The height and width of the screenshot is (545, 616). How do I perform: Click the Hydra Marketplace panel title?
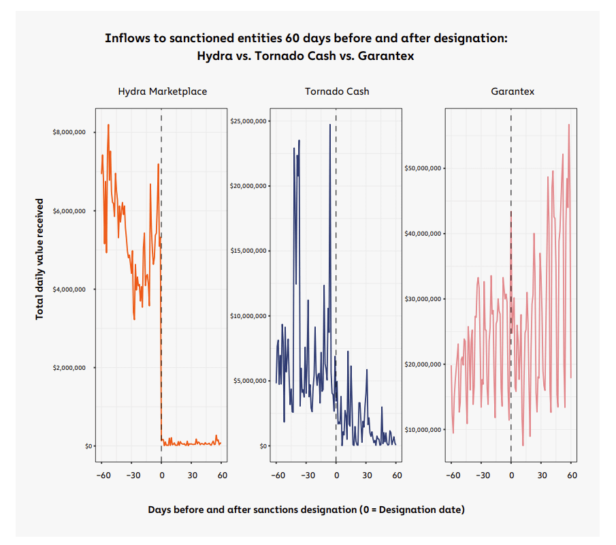pyautogui.click(x=162, y=91)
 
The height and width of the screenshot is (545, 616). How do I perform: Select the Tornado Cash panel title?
pyautogui.click(x=337, y=91)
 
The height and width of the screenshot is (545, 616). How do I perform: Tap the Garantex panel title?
pyautogui.click(x=513, y=91)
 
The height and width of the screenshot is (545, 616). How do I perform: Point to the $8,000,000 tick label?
pyautogui.click(x=69, y=133)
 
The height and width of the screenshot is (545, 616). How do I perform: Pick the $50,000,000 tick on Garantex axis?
pyautogui.click(x=423, y=168)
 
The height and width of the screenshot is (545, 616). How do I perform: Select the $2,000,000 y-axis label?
pyautogui.click(x=69, y=368)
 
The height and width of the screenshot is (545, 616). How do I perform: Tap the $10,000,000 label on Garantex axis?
pyautogui.click(x=423, y=430)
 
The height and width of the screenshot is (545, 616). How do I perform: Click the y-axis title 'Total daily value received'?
pyautogui.click(x=39, y=259)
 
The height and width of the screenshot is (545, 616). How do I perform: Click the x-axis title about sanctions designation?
pyautogui.click(x=306, y=510)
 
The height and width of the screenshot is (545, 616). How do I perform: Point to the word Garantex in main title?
pyautogui.click(x=386, y=56)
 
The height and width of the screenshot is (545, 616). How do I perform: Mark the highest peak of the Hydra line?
pyautogui.click(x=108, y=125)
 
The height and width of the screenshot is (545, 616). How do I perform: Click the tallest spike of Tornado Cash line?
pyautogui.click(x=330, y=125)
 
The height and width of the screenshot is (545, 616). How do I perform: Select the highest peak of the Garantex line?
pyautogui.click(x=569, y=125)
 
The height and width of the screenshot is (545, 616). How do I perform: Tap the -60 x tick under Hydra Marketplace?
pyautogui.click(x=103, y=475)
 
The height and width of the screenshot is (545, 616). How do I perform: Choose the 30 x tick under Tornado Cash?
pyautogui.click(x=367, y=475)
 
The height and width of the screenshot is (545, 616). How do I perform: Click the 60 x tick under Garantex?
pyautogui.click(x=572, y=475)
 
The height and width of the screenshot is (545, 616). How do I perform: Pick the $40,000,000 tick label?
pyautogui.click(x=423, y=234)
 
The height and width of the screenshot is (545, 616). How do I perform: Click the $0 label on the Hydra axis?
pyautogui.click(x=88, y=446)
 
